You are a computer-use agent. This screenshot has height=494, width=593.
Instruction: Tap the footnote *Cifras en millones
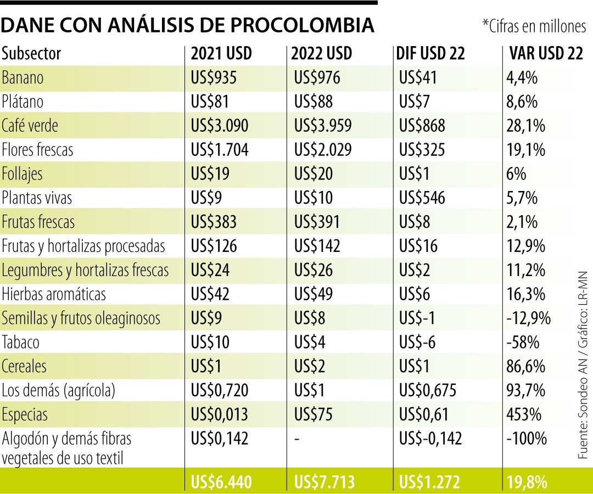pos(534,26)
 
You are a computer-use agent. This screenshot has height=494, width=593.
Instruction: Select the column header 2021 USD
pos(221,54)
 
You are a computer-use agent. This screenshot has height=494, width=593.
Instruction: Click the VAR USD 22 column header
pos(546,54)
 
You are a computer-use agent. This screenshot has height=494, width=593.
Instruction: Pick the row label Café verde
pos(30,126)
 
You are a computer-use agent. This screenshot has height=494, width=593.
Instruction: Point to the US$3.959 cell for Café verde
pos(321,126)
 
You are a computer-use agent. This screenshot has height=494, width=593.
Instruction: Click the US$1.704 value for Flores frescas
pos(220,150)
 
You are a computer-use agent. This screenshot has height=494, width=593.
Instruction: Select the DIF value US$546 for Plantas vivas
pos(422,198)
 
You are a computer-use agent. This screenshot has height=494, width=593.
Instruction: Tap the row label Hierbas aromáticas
pos(54,294)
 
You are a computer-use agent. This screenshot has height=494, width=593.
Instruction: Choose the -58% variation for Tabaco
pos(523,343)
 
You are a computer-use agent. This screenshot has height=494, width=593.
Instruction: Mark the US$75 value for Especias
pos(314,414)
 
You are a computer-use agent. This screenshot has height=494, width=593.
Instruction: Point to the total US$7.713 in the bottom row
pos(325,482)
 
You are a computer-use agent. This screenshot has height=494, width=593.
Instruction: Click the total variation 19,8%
pos(527,482)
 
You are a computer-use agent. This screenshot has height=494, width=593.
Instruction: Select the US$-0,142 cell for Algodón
pos(431,439)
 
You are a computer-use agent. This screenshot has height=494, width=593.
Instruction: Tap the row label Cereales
pos(24,366)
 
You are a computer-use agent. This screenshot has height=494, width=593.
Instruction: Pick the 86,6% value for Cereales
pos(526,366)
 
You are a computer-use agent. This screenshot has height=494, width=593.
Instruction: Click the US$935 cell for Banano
pos(214,78)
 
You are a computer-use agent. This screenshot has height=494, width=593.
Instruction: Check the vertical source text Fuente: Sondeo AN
pos(583,395)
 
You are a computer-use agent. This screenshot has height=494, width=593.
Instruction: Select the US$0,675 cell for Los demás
pos(428,390)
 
